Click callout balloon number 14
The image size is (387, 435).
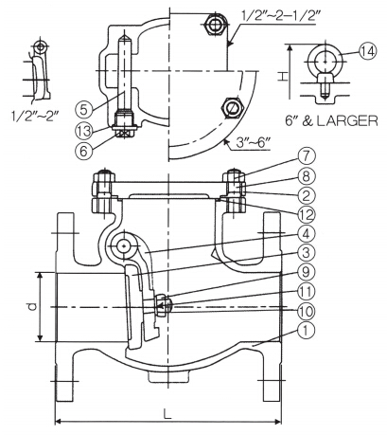368,51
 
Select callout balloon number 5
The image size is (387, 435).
84,109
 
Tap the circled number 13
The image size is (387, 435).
84,130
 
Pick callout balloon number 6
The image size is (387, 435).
84,151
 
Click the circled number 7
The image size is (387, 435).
306,157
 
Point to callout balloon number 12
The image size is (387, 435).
306,215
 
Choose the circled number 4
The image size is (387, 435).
306,234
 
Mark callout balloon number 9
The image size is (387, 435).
306,272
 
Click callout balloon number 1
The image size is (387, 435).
306,330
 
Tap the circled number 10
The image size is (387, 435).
306,311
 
